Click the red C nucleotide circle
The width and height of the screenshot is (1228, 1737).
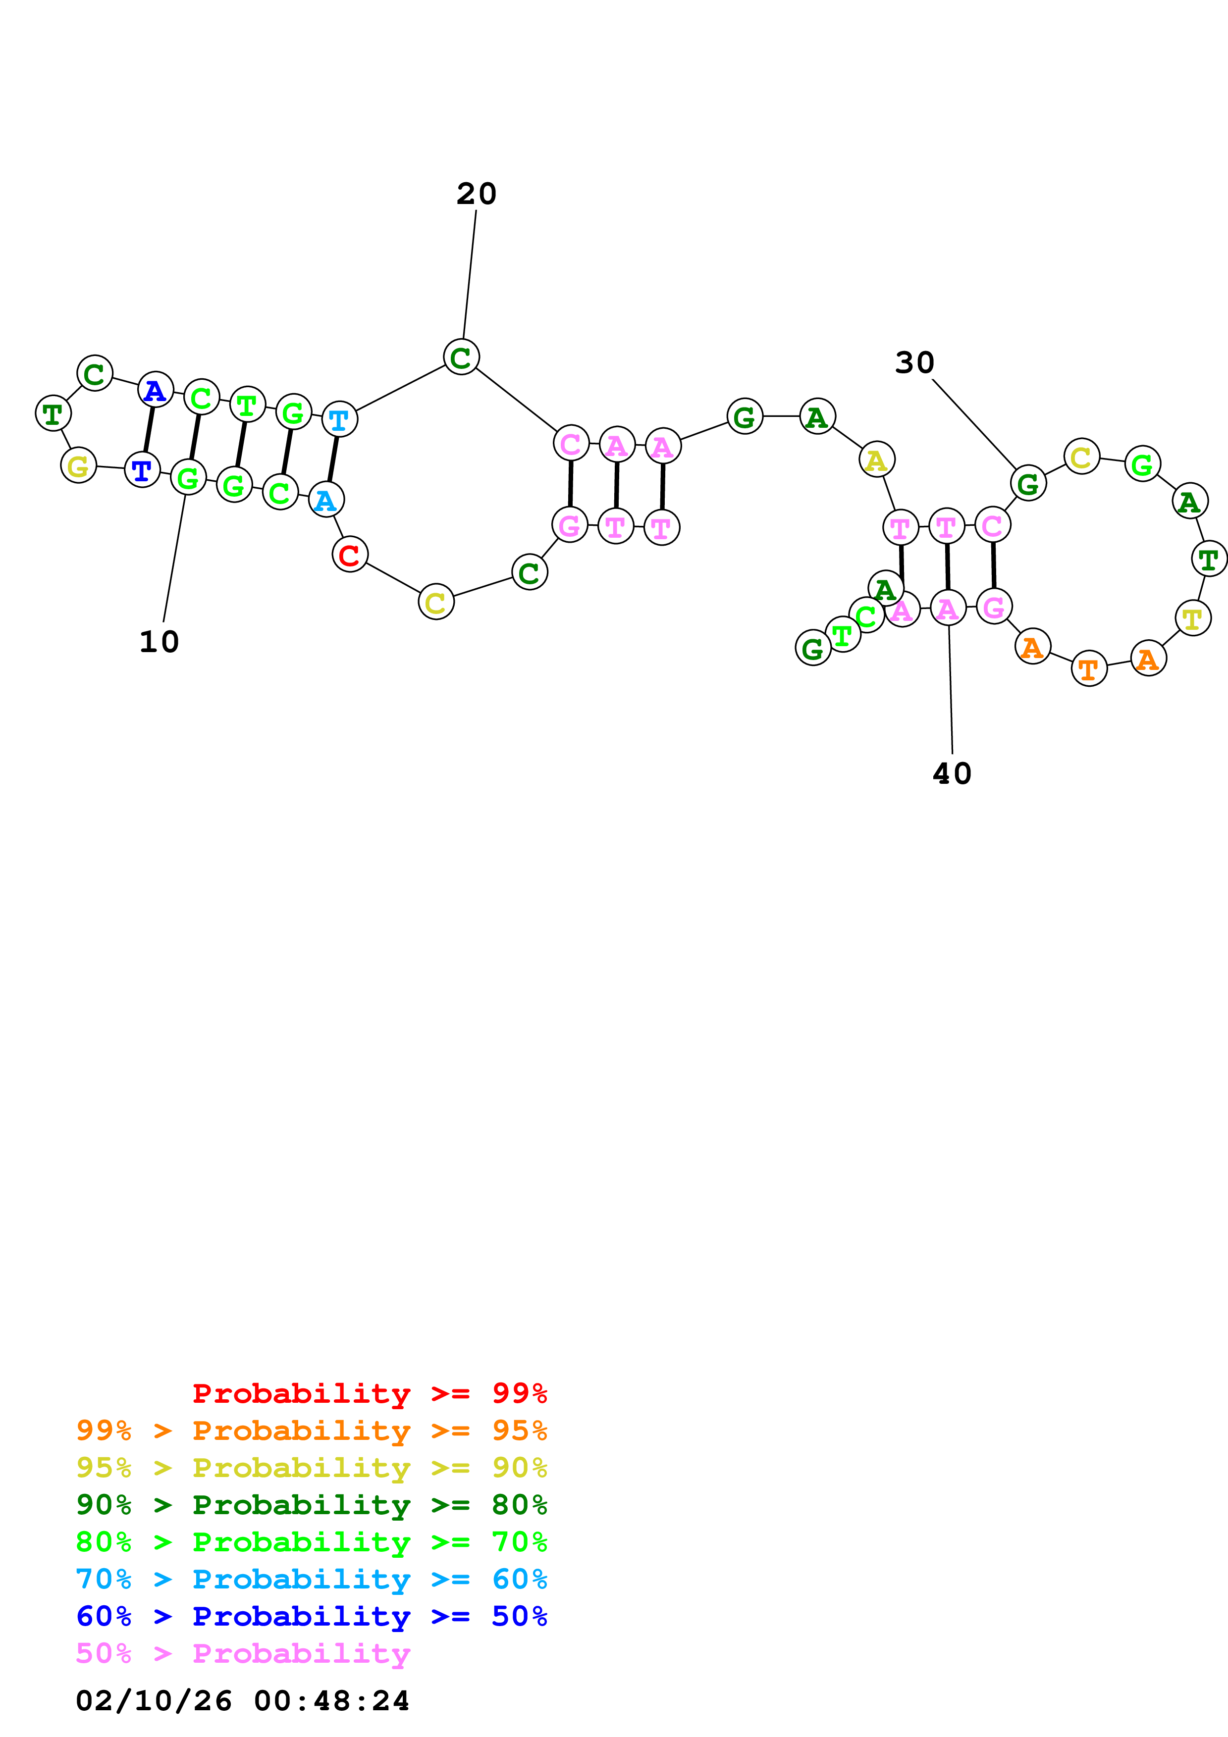coord(350,555)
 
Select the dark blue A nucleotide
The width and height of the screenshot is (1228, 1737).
coord(155,390)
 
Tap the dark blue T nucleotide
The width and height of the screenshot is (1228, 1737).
coord(142,470)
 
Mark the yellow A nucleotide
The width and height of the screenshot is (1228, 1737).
coord(876,459)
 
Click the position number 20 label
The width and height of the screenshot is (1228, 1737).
coord(476,194)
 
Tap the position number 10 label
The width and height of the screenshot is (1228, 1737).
coord(159,642)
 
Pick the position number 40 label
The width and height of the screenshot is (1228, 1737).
coord(951,773)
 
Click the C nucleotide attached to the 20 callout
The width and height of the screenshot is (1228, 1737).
coord(461,357)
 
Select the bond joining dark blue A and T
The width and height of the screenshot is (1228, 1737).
coord(148,430)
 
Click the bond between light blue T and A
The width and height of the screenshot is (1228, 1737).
coord(333,459)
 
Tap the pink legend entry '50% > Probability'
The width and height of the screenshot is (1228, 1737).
coord(243,1653)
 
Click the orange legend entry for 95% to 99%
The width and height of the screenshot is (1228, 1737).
coord(311,1430)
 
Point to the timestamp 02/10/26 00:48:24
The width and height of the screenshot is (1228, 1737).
coord(242,1700)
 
